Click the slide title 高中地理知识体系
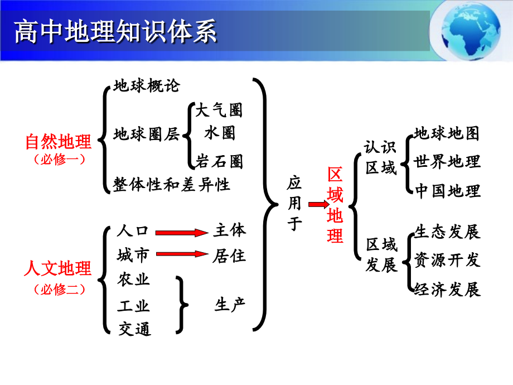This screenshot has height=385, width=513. tap(115, 31)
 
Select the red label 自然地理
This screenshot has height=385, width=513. tap(59, 142)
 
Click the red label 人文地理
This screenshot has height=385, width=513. tap(58, 268)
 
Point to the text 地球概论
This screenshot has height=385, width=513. tap(147, 86)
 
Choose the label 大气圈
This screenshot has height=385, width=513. tap(219, 110)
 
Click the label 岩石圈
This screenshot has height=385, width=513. tap(219, 162)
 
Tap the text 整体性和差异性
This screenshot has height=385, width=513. tap(171, 185)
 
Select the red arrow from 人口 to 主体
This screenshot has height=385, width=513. tap(182, 233)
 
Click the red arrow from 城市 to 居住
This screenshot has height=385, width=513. tap(182, 254)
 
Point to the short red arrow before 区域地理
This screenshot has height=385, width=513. tap(319, 205)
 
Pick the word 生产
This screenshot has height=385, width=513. tap(230, 305)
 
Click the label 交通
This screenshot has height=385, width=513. tap(134, 329)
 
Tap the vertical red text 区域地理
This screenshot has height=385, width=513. tap(335, 205)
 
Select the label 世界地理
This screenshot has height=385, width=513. tap(447, 162)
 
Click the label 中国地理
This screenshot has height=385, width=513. tap(448, 191)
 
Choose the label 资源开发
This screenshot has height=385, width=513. tap(447, 260)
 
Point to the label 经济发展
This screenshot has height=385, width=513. tap(447, 290)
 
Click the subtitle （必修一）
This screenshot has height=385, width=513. tap(59, 160)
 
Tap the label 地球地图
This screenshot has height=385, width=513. tap(447, 133)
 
